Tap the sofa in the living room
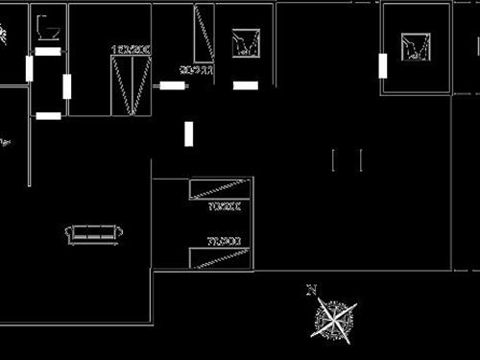click(x=94, y=233)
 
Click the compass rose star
click(x=335, y=320)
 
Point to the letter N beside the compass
click(x=311, y=289)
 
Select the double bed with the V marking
click(x=131, y=85)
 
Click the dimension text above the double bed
click(x=131, y=48)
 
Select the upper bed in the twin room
click(x=220, y=188)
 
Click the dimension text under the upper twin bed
click(x=223, y=205)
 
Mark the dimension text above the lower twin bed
click(x=223, y=241)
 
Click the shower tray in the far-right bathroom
click(x=417, y=45)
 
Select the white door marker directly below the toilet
click(x=48, y=51)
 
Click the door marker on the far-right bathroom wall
click(x=382, y=65)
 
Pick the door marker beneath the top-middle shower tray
click(x=246, y=85)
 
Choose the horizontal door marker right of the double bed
click(x=173, y=85)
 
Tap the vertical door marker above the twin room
click(x=188, y=133)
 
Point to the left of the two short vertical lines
click(x=334, y=160)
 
